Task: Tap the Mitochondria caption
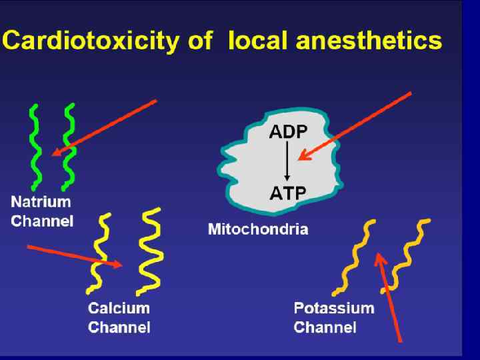point(258,230)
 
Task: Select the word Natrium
point(41,201)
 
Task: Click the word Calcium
point(119,309)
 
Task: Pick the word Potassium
point(333,309)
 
